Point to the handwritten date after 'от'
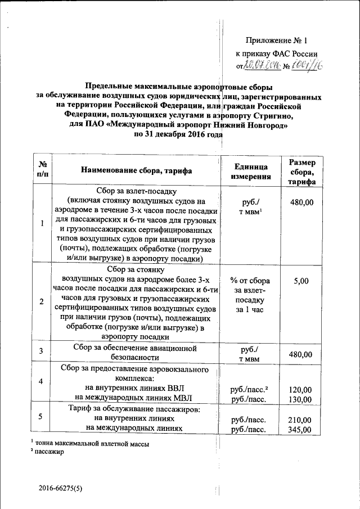pos(262,66)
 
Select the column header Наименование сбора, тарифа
pos(137,170)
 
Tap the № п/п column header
pos(43,170)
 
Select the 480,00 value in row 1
pos(299,201)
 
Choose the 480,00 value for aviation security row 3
pos(299,354)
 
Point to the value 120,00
pos(299,389)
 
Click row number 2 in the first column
pos(42,302)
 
